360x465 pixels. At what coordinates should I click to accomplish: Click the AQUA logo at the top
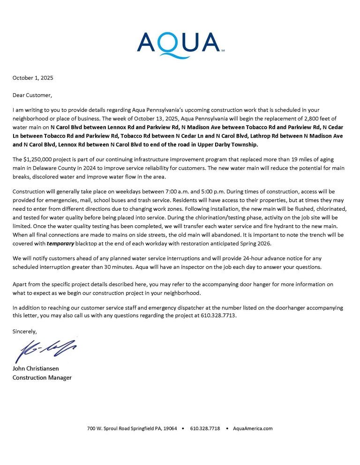pyautogui.click(x=180, y=43)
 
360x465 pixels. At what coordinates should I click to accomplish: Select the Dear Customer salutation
pyautogui.click(x=32, y=95)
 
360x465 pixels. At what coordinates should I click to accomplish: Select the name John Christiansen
pyautogui.click(x=36, y=369)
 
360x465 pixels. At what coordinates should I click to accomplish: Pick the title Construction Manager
pyautogui.click(x=42, y=377)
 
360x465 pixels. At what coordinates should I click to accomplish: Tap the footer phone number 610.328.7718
pyautogui.click(x=205, y=428)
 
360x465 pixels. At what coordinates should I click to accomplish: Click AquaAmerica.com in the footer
pyautogui.click(x=253, y=428)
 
